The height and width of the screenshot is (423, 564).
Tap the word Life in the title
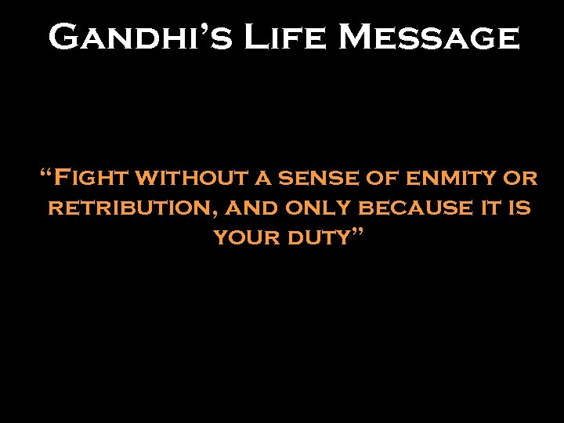pos(270,37)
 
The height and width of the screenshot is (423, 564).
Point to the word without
pos(192,179)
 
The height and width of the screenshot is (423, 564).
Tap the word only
pos(318,209)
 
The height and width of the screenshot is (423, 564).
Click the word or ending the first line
pos(519,179)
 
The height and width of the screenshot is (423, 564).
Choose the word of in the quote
pos(382,179)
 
